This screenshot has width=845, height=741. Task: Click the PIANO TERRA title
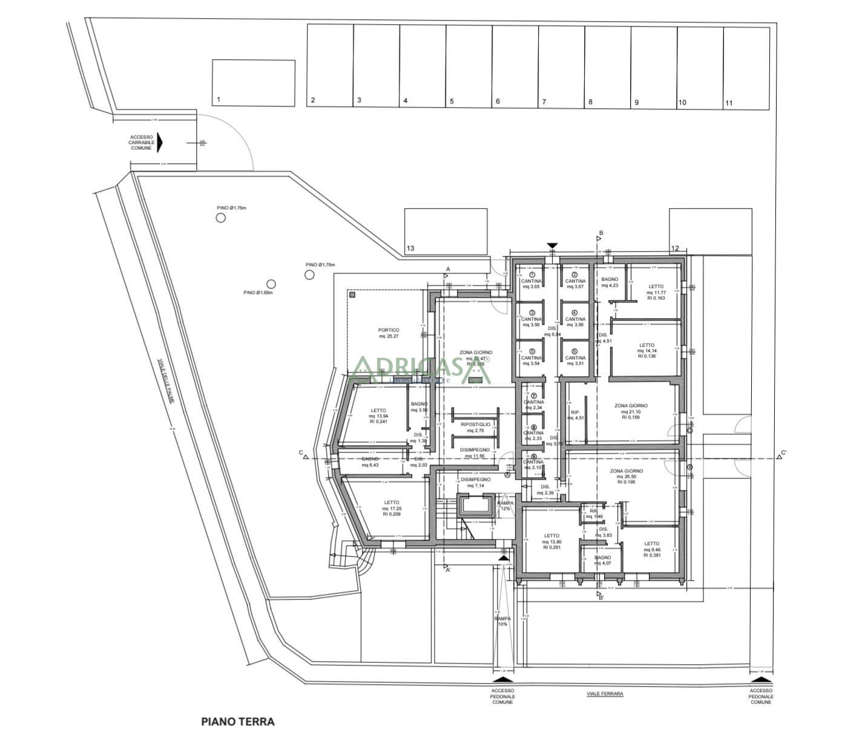click(237, 721)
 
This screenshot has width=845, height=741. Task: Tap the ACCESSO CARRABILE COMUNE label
click(141, 143)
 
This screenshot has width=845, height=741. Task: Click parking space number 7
click(561, 67)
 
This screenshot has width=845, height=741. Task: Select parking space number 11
click(746, 67)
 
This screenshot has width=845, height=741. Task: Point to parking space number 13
click(446, 231)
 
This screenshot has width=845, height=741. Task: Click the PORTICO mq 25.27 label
click(389, 333)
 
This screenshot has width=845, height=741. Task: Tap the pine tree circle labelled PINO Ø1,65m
click(271, 284)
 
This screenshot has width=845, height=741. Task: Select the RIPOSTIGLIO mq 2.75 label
click(475, 427)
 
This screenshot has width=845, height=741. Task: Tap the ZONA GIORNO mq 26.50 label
click(626, 476)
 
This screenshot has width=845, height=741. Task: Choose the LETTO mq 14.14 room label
click(646, 350)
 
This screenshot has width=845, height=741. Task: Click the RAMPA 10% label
click(502, 621)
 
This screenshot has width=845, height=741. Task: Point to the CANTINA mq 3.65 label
click(531, 283)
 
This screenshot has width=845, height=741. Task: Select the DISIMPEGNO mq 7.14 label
click(475, 482)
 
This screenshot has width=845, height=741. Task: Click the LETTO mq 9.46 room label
click(651, 549)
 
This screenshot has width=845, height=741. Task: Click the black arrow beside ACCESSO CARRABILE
click(160, 143)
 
